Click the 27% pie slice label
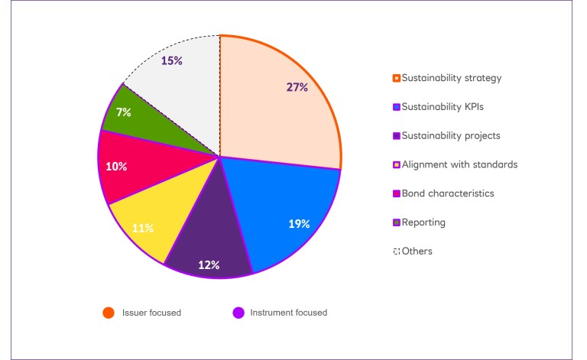(x=297, y=87)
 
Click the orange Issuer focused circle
(x=109, y=313)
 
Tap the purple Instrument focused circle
(x=238, y=313)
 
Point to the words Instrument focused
(x=290, y=313)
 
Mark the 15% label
(x=172, y=60)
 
